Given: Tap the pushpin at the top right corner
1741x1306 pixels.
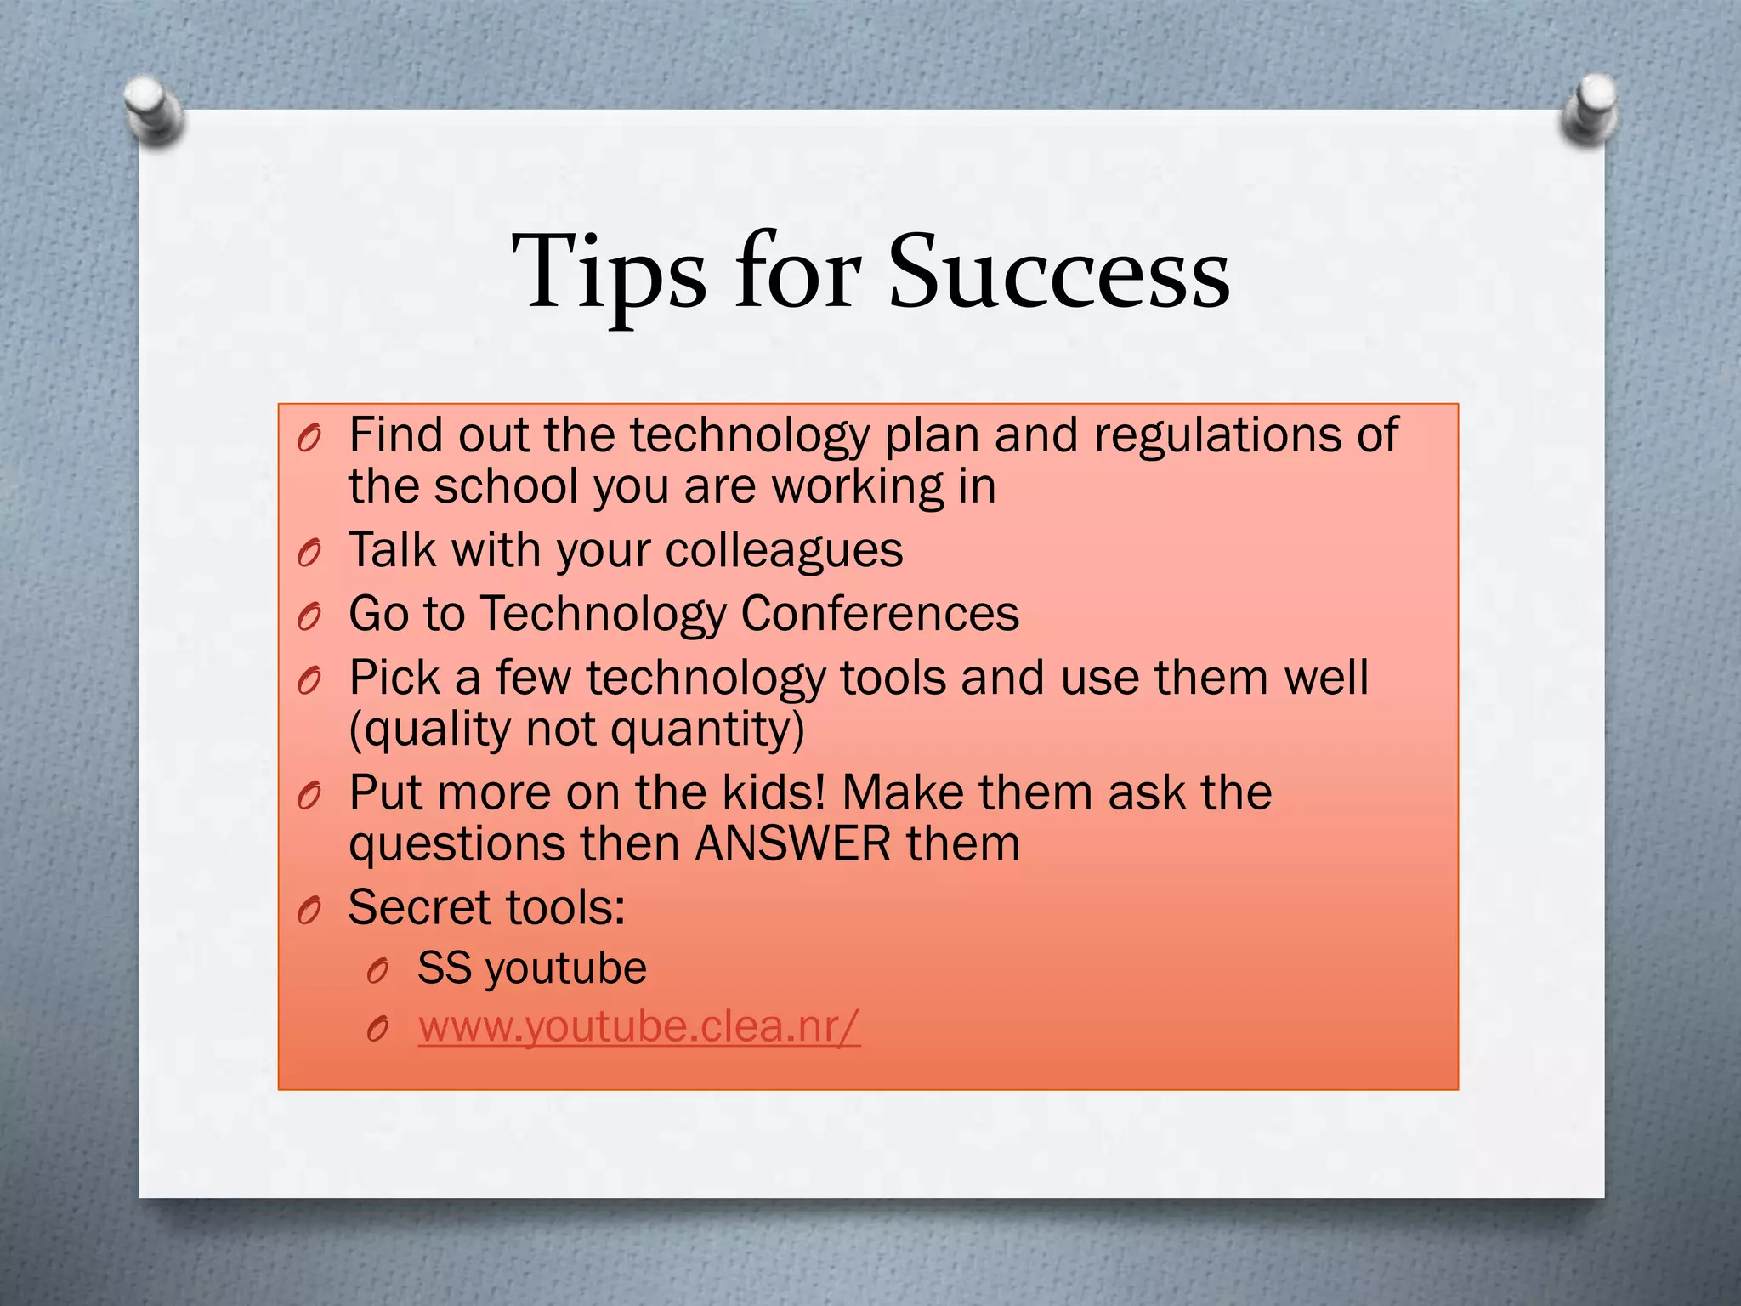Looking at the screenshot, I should (1590, 109).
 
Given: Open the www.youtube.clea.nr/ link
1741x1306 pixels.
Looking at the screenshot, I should (639, 1026).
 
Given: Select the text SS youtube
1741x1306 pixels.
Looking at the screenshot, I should (531, 968).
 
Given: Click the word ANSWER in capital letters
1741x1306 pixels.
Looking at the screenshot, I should (793, 844).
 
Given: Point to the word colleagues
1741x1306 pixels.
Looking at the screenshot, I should (784, 551).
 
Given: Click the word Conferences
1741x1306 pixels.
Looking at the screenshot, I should (880, 613).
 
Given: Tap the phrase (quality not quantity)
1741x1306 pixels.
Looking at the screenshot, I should (576, 730).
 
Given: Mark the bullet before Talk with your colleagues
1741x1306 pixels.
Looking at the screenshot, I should (309, 554).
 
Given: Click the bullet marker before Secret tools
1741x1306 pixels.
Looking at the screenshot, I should (309, 911).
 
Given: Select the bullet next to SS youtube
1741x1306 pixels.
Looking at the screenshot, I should (377, 971).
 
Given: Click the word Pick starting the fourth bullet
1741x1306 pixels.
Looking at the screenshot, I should (394, 679).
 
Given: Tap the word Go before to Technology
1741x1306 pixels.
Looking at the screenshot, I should (378, 614).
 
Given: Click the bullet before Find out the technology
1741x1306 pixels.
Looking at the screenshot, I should (309, 439).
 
